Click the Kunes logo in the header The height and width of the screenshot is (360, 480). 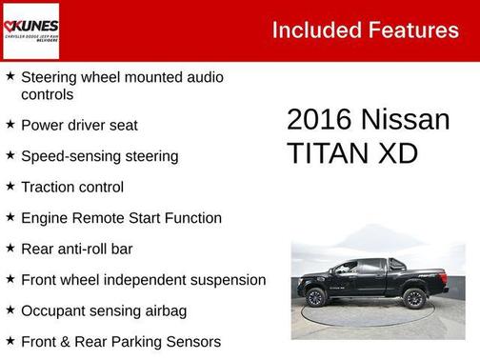tap(31, 30)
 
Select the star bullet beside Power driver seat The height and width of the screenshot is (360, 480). tap(10, 124)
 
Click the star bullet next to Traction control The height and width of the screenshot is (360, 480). tap(10, 186)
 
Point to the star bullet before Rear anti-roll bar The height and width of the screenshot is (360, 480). tap(10, 248)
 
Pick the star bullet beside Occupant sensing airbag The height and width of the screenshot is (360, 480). tap(10, 310)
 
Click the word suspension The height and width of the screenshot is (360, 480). tap(227, 280)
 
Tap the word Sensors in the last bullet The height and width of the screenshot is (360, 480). tap(190, 341)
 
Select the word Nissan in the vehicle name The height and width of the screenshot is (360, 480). tap(406, 120)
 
